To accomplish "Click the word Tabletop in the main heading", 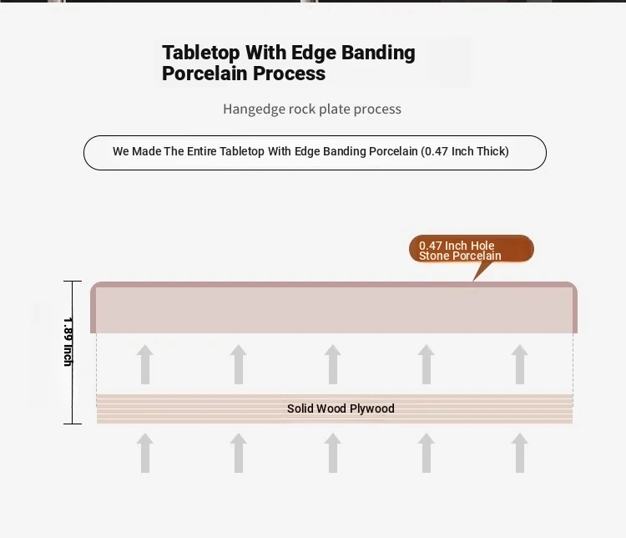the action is [x=201, y=53].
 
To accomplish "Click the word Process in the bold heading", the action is [x=289, y=74].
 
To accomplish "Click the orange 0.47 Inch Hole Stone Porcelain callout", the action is [x=471, y=249].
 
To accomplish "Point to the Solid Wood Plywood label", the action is [x=341, y=409].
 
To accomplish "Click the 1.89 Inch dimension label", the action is [x=68, y=342].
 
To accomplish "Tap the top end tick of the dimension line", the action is [x=73, y=282].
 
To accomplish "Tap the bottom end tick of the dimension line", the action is [x=73, y=424].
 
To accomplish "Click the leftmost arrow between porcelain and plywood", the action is [x=145, y=364].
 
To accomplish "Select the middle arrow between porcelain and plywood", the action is [x=332, y=364].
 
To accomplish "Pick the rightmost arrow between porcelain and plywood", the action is [x=519, y=364].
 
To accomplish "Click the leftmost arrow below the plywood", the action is [x=145, y=453].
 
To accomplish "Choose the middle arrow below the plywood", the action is [x=332, y=453].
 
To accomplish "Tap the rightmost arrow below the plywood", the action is [x=519, y=453].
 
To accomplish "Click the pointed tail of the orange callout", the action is [x=473, y=281].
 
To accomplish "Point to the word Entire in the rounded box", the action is [x=202, y=151].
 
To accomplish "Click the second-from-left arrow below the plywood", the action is [x=239, y=453].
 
